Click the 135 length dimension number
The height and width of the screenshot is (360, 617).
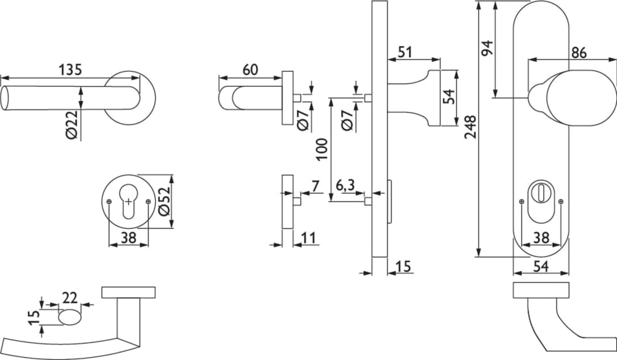click(70, 70)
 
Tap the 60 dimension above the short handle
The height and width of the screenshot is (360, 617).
click(250, 70)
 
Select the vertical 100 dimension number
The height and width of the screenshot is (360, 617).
click(321, 150)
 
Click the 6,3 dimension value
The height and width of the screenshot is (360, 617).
click(345, 185)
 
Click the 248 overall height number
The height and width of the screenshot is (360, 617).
click(470, 127)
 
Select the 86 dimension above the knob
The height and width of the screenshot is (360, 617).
click(579, 52)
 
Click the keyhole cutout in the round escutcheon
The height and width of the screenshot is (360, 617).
click(129, 202)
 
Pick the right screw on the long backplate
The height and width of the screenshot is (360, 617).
click(561, 201)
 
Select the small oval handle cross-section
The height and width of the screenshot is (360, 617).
click(70, 317)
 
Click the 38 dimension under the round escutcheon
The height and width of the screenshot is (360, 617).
click(129, 238)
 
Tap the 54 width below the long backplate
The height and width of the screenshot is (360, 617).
click(541, 266)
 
